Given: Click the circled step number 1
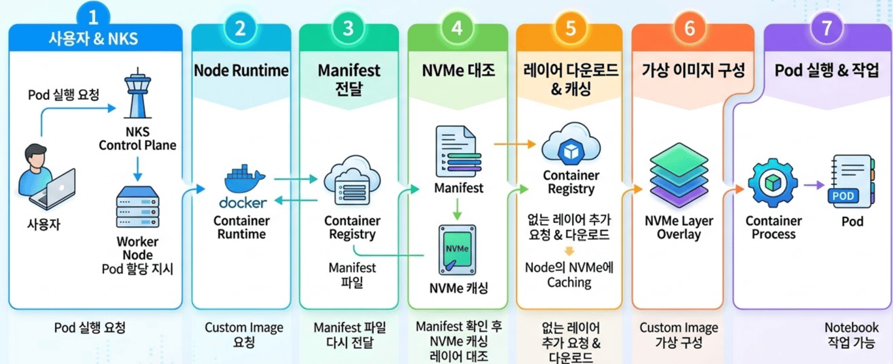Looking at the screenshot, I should [x=95, y=14].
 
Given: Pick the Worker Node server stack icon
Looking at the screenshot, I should [x=137, y=207].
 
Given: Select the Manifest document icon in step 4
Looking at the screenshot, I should [x=456, y=152].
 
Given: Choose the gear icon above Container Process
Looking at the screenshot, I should [x=773, y=185].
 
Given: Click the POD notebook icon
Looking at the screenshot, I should [x=852, y=182].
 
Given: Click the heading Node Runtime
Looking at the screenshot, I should [x=241, y=71].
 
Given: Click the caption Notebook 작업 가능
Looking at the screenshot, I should [x=850, y=335].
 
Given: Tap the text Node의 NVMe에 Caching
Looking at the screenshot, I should [x=569, y=274].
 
